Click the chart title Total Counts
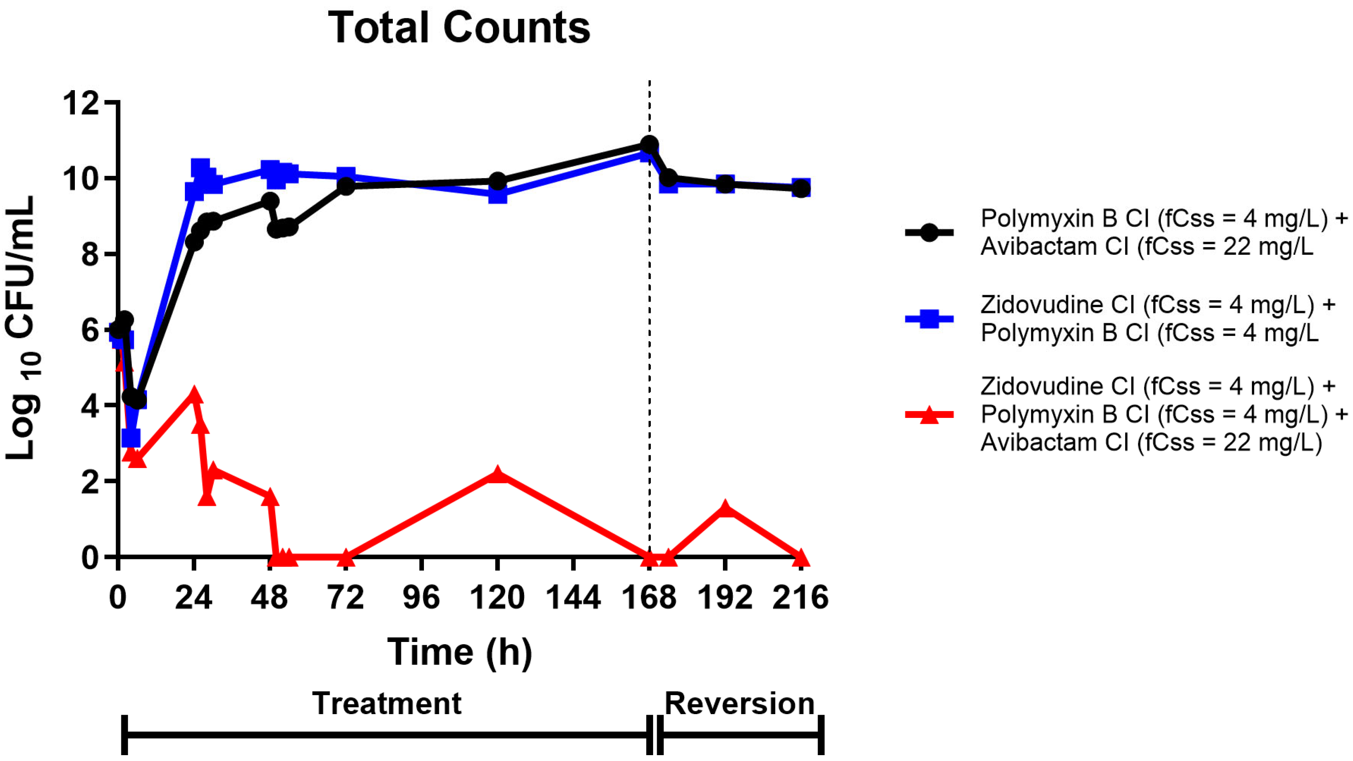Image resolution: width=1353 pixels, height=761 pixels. pos(459,28)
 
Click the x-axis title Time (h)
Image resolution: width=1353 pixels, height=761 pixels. pos(460,652)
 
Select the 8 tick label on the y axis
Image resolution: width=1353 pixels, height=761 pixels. pos(90,255)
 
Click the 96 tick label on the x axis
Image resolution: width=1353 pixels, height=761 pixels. pos(421,598)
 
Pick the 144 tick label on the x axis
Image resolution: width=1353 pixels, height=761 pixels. pos(573,598)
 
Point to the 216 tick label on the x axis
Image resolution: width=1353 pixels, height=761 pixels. pos(800,598)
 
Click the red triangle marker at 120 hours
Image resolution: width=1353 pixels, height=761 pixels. pos(497,475)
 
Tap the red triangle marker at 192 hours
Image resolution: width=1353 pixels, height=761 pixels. pos(725,509)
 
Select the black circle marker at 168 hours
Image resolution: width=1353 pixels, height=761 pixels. pos(649,144)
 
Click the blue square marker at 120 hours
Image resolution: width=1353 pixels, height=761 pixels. pos(497,195)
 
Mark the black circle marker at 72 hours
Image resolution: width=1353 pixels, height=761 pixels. pos(345,186)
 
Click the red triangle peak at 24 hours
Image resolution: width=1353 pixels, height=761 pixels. pos(194,395)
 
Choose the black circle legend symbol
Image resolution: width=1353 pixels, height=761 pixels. pos(929,233)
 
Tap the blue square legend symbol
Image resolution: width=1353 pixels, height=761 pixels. pos(929,319)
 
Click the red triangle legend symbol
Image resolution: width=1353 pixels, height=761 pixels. pos(929,415)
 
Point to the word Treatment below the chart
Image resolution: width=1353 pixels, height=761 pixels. pos(387,704)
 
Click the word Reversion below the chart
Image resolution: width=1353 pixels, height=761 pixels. pos(739,704)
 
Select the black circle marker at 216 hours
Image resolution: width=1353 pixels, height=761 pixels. pos(801,188)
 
